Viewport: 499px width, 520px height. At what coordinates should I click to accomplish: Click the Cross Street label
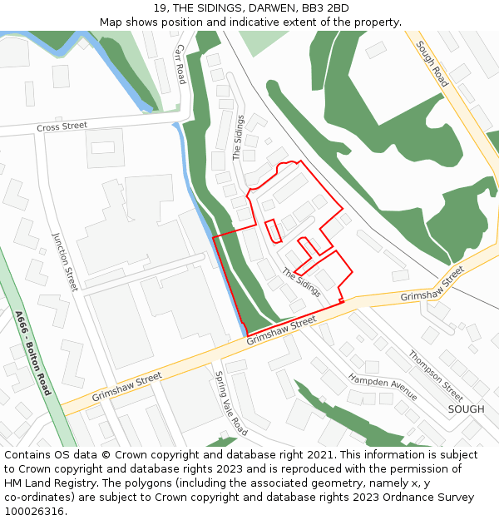click(x=62, y=126)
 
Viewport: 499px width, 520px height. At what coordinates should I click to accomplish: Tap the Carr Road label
click(x=180, y=64)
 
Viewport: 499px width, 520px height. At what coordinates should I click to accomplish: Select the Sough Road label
click(x=432, y=64)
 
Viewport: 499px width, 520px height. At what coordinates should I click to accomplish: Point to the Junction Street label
click(x=64, y=260)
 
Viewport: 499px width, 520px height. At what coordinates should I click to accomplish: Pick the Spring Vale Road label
click(x=231, y=404)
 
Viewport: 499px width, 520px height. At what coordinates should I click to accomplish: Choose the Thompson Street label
click(x=436, y=374)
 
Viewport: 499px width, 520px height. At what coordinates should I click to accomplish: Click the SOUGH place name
click(x=466, y=409)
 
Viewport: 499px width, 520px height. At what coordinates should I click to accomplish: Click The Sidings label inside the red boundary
click(x=300, y=283)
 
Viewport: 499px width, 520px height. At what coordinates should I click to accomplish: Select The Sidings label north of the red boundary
click(x=238, y=137)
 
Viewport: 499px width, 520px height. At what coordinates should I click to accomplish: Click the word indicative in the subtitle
click(x=265, y=22)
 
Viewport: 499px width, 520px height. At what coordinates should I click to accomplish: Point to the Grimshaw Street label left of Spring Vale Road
click(x=126, y=387)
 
